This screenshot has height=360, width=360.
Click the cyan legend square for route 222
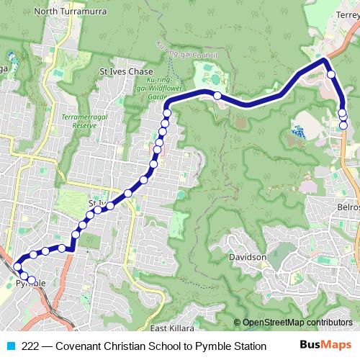click(10, 346)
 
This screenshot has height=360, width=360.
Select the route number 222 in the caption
click(31, 346)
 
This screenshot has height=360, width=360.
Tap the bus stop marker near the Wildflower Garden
click(217, 95)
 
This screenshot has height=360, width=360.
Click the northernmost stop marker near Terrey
click(331, 74)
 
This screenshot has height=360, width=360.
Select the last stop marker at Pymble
click(32, 280)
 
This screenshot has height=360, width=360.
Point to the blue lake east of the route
click(298, 132)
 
